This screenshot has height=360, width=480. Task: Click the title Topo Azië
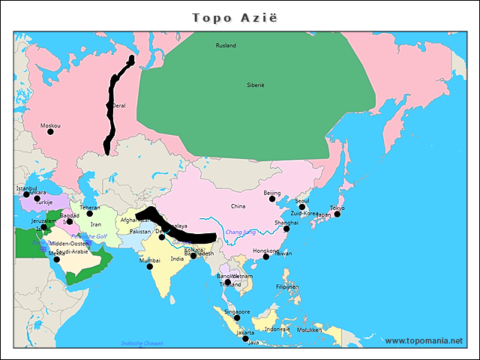click(235, 17)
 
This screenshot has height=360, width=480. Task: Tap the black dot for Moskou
click(51, 132)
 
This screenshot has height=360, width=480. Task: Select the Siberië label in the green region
click(256, 85)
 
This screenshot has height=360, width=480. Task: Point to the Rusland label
click(226, 46)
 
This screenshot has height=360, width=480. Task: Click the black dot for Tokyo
click(337, 214)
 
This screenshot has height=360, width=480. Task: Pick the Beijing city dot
click(272, 199)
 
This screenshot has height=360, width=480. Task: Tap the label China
click(238, 206)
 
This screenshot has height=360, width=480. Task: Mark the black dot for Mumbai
click(150, 266)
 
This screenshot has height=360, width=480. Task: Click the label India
click(177, 259)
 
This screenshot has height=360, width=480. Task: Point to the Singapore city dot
click(238, 319)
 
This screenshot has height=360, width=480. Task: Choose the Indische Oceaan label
click(142, 343)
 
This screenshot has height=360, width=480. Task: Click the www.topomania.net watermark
click(424, 340)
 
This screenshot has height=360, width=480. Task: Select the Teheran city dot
click(90, 214)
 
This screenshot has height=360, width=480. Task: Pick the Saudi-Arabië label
click(73, 252)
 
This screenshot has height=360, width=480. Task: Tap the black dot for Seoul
click(302, 207)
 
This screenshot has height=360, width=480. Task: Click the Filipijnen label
click(287, 286)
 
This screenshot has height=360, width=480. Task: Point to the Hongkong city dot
click(266, 257)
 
